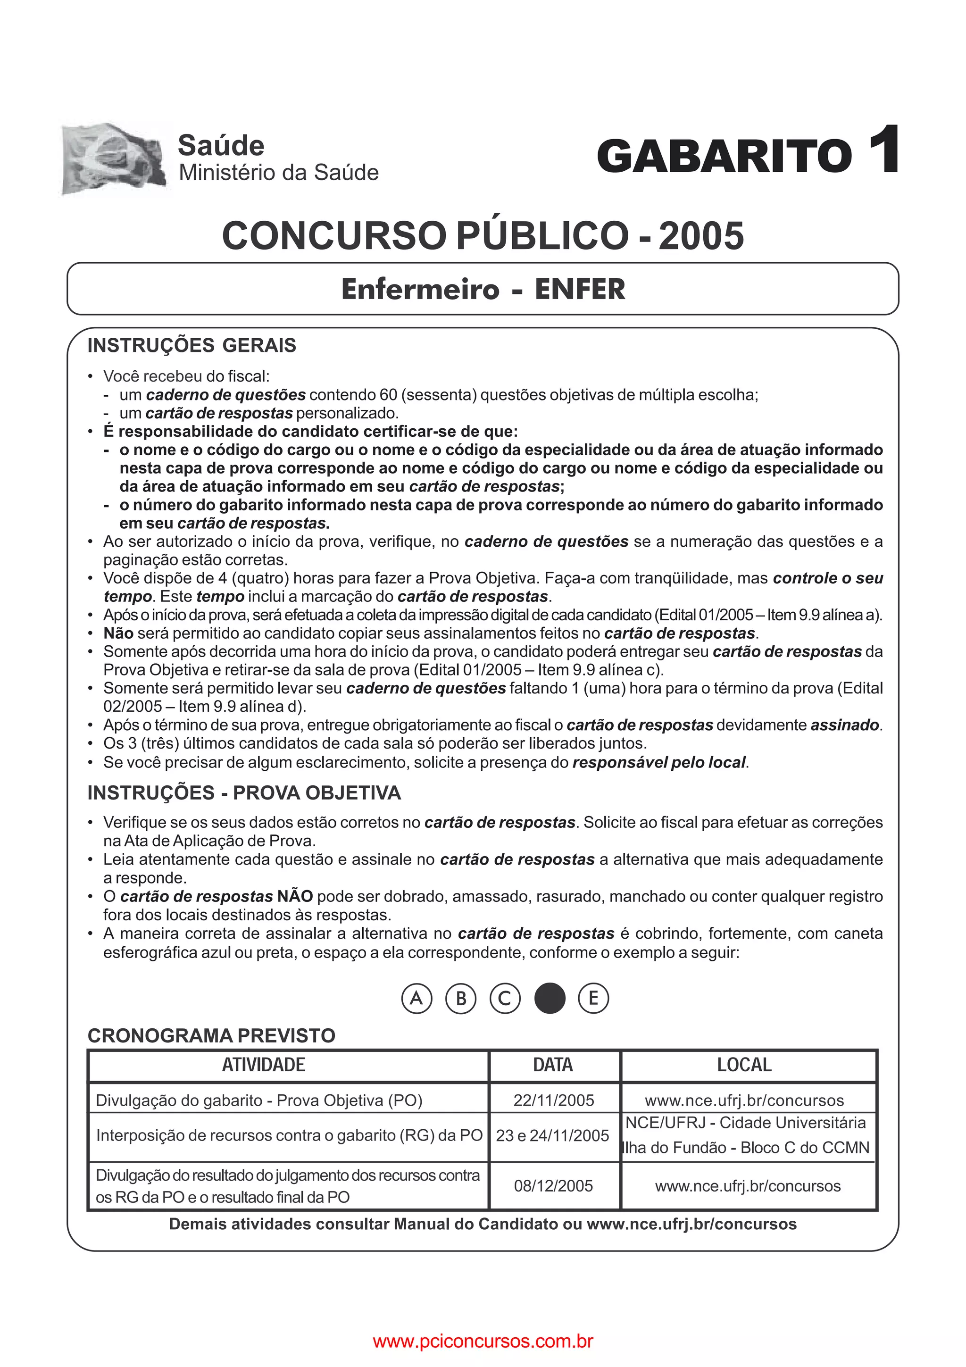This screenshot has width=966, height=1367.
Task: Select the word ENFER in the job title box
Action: (x=580, y=289)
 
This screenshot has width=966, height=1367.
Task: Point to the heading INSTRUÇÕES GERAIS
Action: (x=192, y=345)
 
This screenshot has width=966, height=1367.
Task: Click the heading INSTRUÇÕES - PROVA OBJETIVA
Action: (x=244, y=792)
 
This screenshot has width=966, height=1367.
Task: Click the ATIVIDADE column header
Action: (x=264, y=1065)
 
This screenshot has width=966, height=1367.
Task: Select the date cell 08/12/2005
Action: (x=554, y=1185)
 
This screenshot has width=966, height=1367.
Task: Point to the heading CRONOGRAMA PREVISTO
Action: (x=211, y=1035)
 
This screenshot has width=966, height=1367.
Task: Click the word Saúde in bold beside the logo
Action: (x=221, y=146)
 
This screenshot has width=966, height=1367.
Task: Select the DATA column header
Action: (x=553, y=1065)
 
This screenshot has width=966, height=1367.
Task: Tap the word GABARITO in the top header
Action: (x=724, y=156)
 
